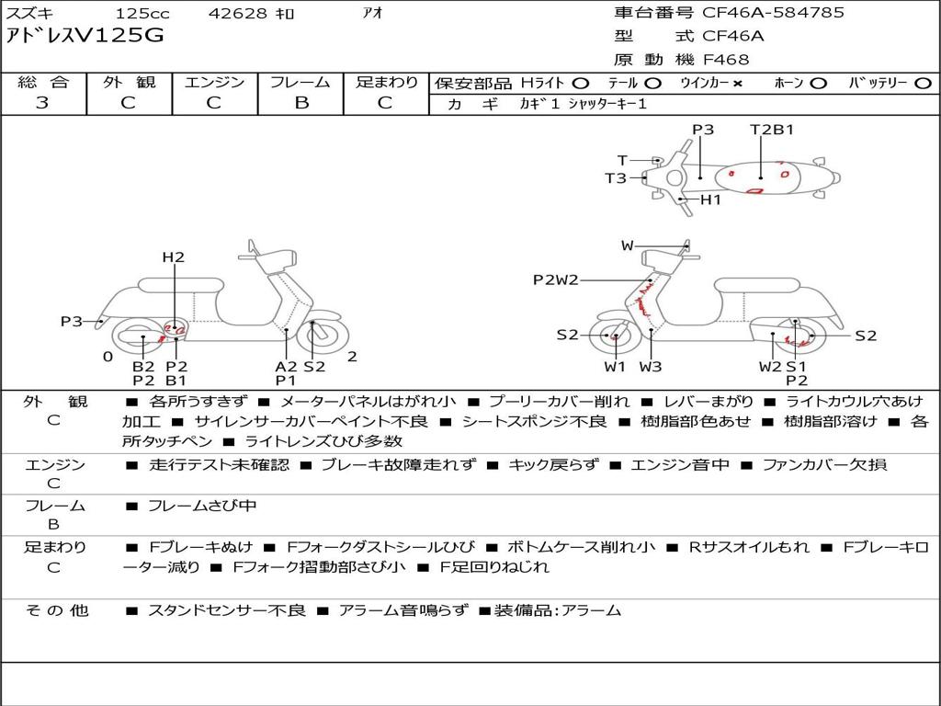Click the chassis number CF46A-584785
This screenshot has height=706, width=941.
[773, 13]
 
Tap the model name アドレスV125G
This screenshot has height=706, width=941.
[85, 36]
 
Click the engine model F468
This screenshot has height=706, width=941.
[726, 60]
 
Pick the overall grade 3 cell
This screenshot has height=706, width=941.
[42, 103]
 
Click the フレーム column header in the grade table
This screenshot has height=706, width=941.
[300, 82]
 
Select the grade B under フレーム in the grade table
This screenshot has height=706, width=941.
[301, 103]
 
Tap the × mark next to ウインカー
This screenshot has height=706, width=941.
[737, 84]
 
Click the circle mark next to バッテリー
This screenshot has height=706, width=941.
[923, 84]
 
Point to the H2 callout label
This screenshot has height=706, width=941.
[174, 257]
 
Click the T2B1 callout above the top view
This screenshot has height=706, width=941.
[772, 130]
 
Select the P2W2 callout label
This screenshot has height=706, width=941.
[556, 279]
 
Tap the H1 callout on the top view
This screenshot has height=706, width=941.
[710, 199]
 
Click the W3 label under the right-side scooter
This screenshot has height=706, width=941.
[651, 366]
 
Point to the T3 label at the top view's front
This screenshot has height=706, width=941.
[616, 178]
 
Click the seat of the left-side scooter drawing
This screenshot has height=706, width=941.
[181, 284]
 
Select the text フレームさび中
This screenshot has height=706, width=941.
[202, 507]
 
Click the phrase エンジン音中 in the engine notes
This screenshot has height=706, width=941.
[680, 464]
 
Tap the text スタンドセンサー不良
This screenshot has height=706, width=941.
[227, 610]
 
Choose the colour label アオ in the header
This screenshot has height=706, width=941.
[373, 13]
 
